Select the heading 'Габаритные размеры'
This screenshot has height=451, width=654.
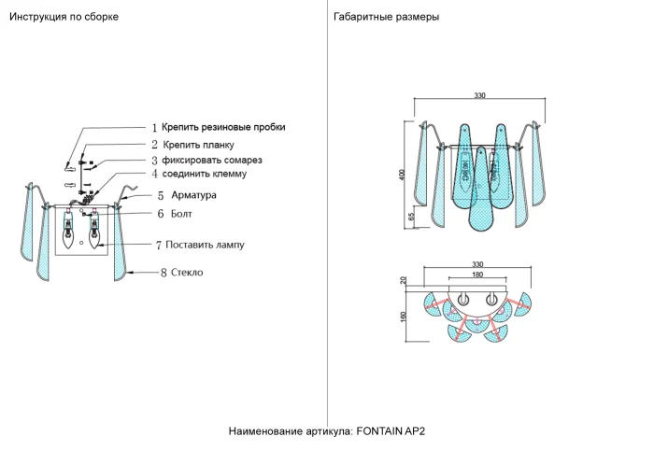click(386, 18)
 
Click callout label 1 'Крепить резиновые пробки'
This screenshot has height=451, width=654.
click(222, 127)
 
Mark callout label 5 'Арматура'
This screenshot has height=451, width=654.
click(193, 195)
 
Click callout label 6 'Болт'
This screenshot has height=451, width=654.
click(180, 214)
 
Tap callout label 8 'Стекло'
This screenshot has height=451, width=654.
click(187, 273)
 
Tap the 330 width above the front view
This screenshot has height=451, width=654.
click(479, 95)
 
